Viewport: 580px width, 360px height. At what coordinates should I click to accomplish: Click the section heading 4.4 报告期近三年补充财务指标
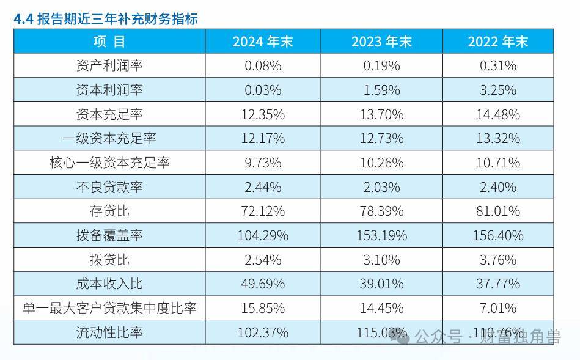click(x=106, y=18)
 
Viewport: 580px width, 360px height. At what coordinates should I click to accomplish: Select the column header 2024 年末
click(x=263, y=41)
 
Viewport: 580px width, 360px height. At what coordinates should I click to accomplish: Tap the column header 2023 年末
click(x=381, y=41)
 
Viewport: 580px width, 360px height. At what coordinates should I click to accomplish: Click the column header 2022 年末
click(x=497, y=41)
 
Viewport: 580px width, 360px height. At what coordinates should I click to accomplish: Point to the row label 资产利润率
click(x=109, y=65)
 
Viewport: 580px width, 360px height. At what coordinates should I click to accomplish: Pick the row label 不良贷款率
click(x=109, y=187)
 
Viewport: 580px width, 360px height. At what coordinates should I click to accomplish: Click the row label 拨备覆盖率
click(x=109, y=235)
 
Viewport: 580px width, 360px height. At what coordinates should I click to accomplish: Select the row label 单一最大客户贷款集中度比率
click(x=109, y=308)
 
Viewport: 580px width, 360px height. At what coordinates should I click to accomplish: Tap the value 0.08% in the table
click(x=263, y=65)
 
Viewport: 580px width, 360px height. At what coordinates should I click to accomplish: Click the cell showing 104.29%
click(x=263, y=235)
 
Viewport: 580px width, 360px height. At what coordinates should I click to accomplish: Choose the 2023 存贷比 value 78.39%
click(x=381, y=211)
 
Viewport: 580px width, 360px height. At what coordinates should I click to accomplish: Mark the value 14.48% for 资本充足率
click(x=497, y=114)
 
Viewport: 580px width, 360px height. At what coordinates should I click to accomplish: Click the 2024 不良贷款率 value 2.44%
click(x=263, y=187)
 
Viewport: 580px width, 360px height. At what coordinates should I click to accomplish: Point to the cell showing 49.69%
click(x=263, y=284)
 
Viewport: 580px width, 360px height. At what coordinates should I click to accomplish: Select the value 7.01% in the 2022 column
click(x=497, y=308)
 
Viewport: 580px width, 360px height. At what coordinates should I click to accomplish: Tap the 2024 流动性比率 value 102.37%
click(x=263, y=332)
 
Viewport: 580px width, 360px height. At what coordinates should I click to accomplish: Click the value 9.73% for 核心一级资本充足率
click(x=263, y=163)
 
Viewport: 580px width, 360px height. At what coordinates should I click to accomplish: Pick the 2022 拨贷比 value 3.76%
click(x=497, y=260)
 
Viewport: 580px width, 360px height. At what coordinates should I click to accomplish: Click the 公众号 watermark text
click(x=438, y=337)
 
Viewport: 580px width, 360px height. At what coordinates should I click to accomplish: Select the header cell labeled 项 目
click(x=109, y=41)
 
